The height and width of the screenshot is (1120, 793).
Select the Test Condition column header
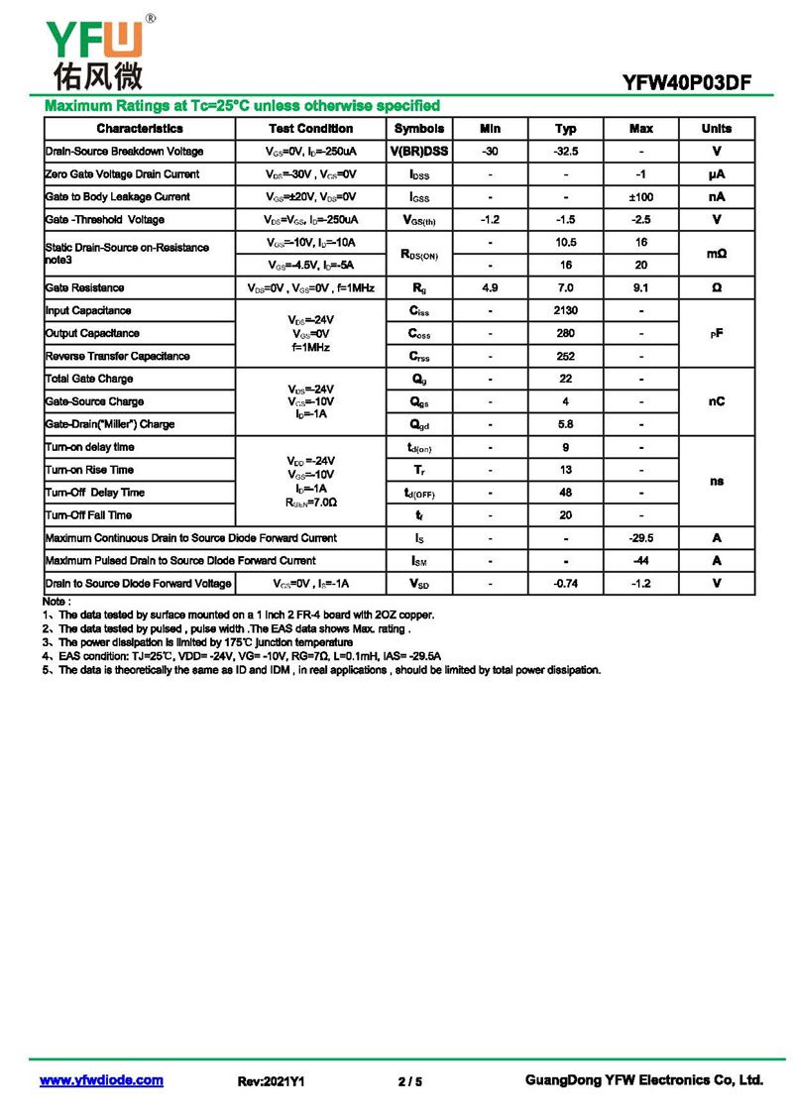pos(310,129)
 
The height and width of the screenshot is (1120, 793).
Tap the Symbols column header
pos(419,129)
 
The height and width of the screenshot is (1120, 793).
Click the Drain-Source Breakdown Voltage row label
pos(124,152)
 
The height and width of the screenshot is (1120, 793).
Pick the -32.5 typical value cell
pos(565,152)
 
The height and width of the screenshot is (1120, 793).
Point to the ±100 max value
pos(641,197)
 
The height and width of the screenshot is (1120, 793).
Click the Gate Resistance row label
pos(85,287)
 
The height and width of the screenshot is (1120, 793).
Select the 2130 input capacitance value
pos(565,311)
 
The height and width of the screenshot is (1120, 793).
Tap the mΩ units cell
pos(717,254)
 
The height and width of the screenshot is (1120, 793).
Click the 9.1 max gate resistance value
pos(641,287)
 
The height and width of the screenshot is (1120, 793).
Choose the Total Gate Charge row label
pos(89,379)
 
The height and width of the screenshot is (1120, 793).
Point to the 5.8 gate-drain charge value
pos(565,424)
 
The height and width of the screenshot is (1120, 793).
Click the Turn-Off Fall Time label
pos(88,515)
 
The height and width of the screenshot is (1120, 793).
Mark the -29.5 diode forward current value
pos(641,538)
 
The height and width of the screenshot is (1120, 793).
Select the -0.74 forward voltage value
pos(565,584)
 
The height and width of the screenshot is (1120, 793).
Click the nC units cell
pos(717,401)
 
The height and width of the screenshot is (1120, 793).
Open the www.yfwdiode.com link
pos(101,1080)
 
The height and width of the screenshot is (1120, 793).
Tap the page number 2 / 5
pos(409,1081)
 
